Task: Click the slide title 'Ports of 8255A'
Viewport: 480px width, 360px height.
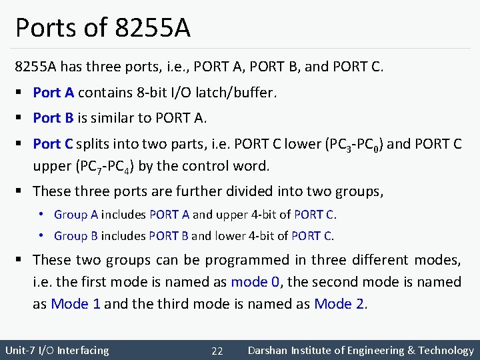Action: [x=103, y=27]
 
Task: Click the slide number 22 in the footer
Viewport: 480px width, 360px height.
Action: [x=217, y=351]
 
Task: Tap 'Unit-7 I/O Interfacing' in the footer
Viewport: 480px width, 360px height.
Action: [x=57, y=350]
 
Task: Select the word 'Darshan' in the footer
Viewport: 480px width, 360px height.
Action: [x=269, y=350]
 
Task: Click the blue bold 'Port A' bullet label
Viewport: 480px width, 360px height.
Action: [x=53, y=93]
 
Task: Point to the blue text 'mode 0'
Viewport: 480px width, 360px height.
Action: [x=255, y=282]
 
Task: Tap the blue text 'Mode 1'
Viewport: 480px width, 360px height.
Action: [x=76, y=304]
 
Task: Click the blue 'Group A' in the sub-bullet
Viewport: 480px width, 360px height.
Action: [x=76, y=215]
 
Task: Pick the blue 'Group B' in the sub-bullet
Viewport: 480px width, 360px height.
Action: [x=76, y=236]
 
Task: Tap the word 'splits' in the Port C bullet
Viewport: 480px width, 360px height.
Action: [x=93, y=144]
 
